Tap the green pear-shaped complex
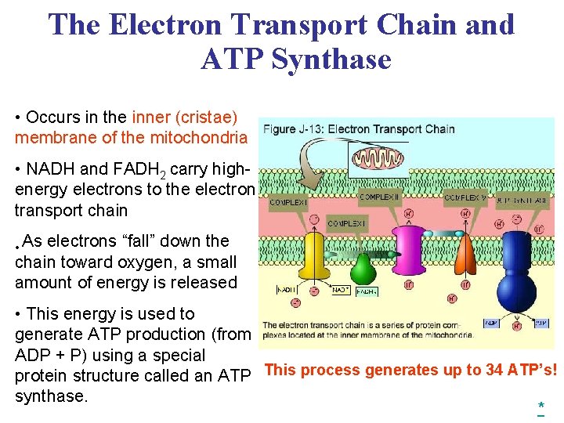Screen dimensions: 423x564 (x=361, y=269)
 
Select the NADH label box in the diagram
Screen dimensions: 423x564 (x=287, y=290)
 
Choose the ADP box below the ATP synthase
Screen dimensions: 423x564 (x=491, y=322)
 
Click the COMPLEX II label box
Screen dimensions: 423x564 (x=381, y=196)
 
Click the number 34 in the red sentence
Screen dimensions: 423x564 (x=494, y=370)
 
